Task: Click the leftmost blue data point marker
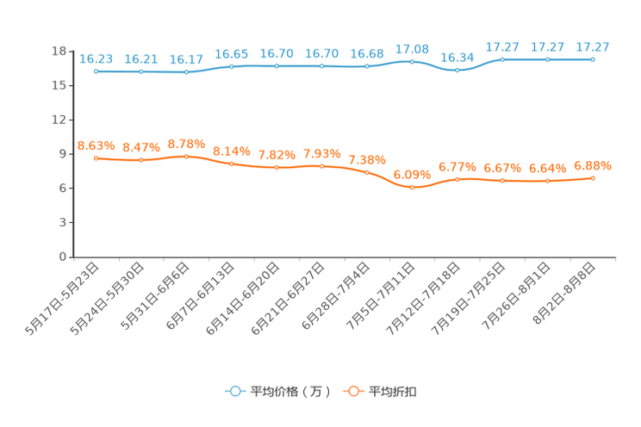coord(96,71)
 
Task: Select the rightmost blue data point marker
coord(593,59)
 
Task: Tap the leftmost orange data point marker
coord(96,158)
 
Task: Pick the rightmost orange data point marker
coord(593,177)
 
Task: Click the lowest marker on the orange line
coord(412,187)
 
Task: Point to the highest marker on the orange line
coord(186,156)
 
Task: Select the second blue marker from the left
coord(140,71)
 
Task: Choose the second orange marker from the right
coord(547,181)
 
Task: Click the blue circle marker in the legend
coord(233,391)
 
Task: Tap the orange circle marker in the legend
coord(352,391)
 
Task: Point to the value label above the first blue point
coord(96,59)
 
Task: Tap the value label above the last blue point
coord(593,46)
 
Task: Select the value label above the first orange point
coord(96,145)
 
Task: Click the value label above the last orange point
coord(593,164)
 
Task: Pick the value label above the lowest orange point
coord(412,174)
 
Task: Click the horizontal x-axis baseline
coord(345,257)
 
